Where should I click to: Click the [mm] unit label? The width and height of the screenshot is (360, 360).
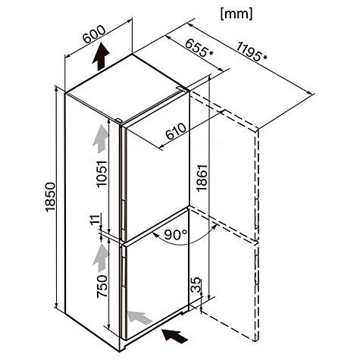pyautogui.click(x=236, y=14)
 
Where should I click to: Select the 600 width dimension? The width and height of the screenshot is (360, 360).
pyautogui.click(x=94, y=34)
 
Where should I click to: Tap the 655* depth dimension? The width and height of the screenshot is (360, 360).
pyautogui.click(x=199, y=48)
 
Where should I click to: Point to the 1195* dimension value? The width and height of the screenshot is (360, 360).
pyautogui.click(x=252, y=52)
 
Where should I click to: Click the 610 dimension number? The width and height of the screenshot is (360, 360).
pyautogui.click(x=176, y=131)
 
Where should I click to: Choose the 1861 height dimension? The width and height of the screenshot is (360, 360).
pyautogui.click(x=202, y=178)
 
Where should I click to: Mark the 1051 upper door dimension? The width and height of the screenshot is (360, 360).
pyautogui.click(x=102, y=174)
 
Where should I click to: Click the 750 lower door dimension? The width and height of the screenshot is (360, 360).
pyautogui.click(x=102, y=286)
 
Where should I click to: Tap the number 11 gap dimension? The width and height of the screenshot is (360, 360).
pyautogui.click(x=95, y=219)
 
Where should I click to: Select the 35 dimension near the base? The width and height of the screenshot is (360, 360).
pyautogui.click(x=196, y=285)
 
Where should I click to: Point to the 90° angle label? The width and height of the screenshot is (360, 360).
pyautogui.click(x=176, y=235)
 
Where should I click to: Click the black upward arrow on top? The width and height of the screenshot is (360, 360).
pyautogui.click(x=101, y=57)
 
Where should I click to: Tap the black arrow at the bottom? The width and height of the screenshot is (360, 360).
pyautogui.click(x=175, y=336)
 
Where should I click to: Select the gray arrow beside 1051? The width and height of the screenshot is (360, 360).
pyautogui.click(x=101, y=139)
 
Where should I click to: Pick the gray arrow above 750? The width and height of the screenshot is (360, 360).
pyautogui.click(x=101, y=258)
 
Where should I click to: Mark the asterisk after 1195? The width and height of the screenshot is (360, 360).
pyautogui.click(x=265, y=58)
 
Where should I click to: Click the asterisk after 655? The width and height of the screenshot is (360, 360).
pyautogui.click(x=211, y=53)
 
